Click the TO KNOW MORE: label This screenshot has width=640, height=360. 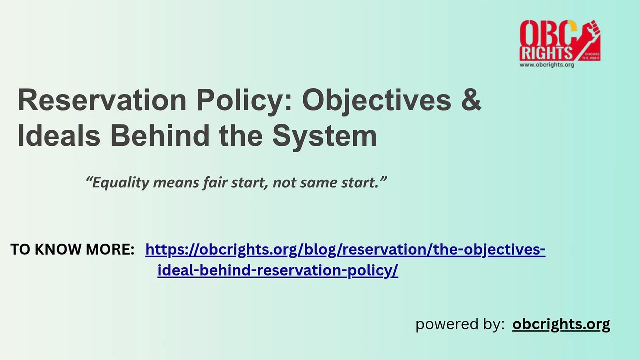[72, 249]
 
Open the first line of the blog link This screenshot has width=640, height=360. [345, 249]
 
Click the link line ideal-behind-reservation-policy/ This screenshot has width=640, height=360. [277, 270]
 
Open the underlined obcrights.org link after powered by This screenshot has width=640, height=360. [561, 324]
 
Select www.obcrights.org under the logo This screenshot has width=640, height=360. [546, 65]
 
